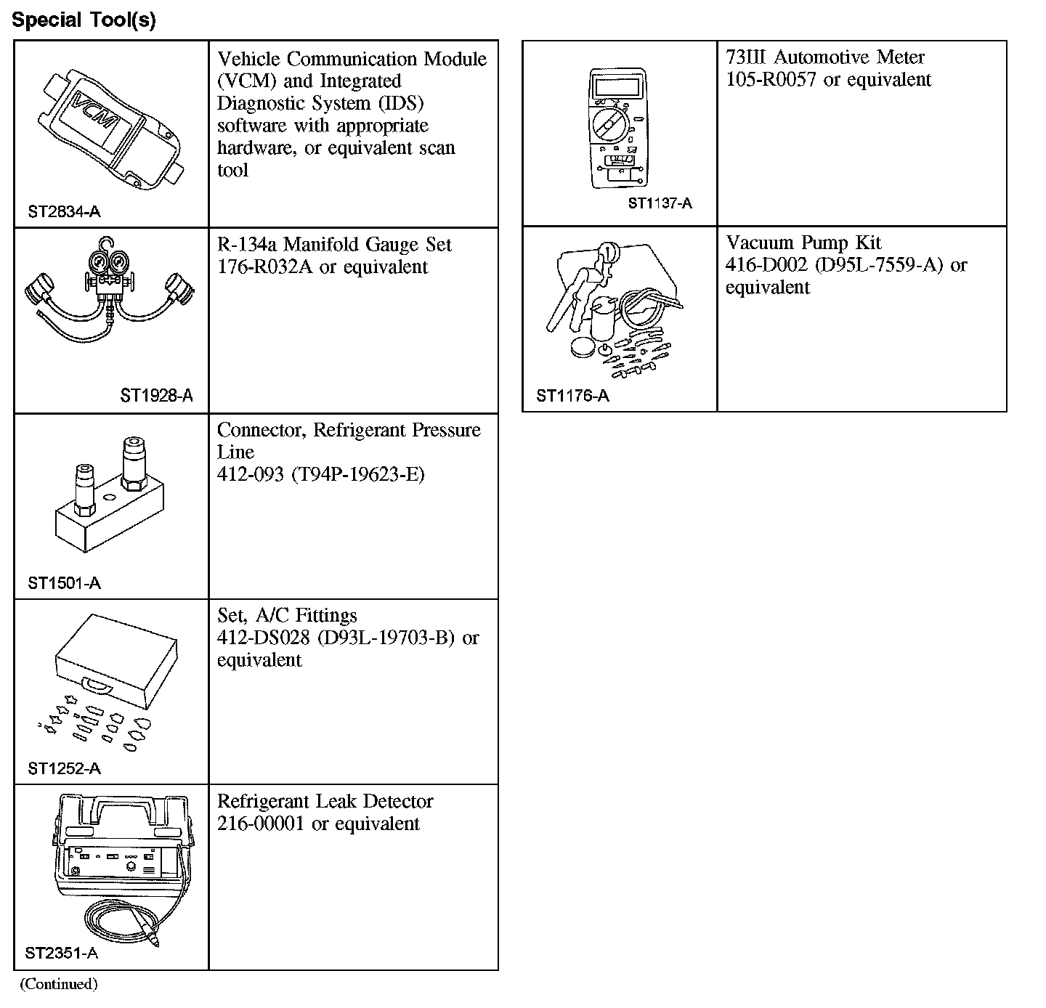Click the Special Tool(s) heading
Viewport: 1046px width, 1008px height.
click(x=84, y=20)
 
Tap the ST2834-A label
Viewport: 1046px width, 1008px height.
click(x=64, y=212)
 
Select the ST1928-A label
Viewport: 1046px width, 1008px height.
click(x=156, y=396)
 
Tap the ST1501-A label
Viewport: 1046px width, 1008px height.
click(x=64, y=582)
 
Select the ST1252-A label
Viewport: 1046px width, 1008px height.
click(x=64, y=768)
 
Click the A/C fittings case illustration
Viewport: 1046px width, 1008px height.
click(x=116, y=657)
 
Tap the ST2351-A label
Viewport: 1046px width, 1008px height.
click(x=62, y=954)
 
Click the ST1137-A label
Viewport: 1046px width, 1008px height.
click(x=660, y=203)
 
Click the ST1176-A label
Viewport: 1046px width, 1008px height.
click(x=572, y=396)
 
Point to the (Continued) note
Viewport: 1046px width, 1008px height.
click(x=58, y=984)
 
